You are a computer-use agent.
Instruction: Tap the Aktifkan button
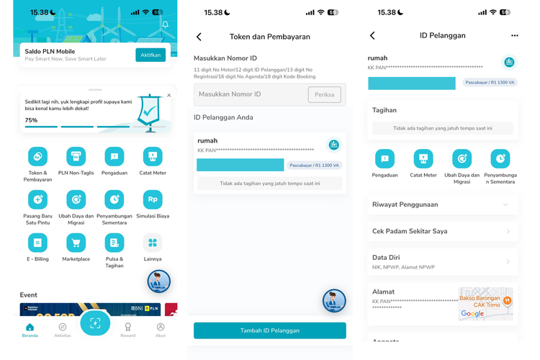[x=150, y=55]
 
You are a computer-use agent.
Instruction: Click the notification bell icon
[x=165, y=25]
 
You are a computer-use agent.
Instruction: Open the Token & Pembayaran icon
[x=37, y=156]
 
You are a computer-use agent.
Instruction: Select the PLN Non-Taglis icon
[x=76, y=156]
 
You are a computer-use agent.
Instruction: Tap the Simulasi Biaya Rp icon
[x=152, y=199]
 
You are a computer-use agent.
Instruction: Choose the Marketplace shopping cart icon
[x=76, y=243]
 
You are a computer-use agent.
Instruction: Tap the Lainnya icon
[x=152, y=243]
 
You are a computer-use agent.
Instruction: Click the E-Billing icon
[x=37, y=243]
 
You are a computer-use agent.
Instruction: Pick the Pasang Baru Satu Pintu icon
[x=37, y=199]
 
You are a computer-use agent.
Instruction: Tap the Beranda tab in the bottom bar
[x=30, y=330]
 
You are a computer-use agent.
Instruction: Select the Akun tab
[x=161, y=330]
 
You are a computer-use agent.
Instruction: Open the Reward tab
[x=127, y=330]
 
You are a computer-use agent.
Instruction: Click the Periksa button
[x=324, y=94]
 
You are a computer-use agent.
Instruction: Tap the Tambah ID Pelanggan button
[x=269, y=330]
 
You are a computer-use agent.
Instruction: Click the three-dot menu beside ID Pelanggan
[x=514, y=35]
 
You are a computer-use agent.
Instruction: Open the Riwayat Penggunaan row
[x=442, y=204]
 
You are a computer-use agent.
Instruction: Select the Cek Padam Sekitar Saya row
[x=442, y=231]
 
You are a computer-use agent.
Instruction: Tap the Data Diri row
[x=442, y=261]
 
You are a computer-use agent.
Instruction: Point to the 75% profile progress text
[x=32, y=120]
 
